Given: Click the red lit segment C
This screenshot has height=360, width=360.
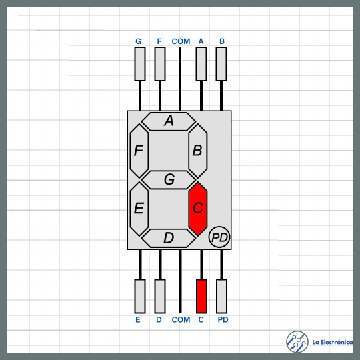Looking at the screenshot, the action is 198,209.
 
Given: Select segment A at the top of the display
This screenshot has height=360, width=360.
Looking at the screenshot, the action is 169,121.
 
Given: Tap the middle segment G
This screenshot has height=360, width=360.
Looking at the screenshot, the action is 169,180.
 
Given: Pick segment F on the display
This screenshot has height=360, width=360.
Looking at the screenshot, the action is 139,151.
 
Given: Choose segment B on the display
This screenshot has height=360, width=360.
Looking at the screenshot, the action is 198,151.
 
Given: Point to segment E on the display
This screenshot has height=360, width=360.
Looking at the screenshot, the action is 139,209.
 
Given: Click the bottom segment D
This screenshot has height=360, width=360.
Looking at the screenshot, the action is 169,238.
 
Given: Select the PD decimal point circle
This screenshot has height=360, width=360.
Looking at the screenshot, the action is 219,237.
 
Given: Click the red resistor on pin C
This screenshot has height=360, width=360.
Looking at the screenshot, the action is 201,296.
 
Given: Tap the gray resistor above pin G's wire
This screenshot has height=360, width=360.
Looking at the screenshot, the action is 140,64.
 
